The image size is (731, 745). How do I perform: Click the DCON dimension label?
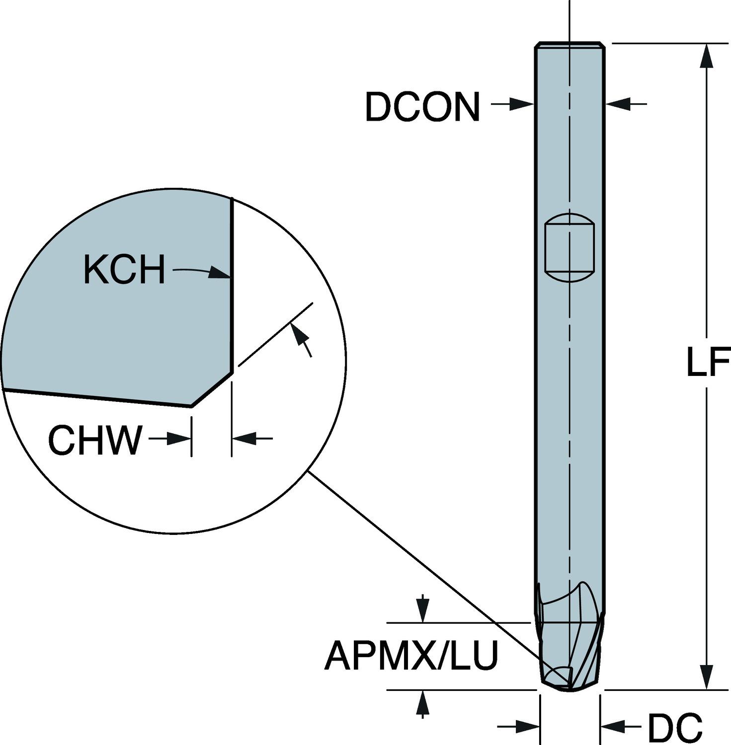(422, 107)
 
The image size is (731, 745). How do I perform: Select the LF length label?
(708, 363)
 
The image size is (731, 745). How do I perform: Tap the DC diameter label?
(674, 728)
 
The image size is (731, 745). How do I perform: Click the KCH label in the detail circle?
(124, 270)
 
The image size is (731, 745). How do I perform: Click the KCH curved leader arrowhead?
(220, 273)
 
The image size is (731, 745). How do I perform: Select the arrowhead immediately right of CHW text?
(180, 438)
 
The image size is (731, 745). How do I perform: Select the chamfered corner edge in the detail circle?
(212, 389)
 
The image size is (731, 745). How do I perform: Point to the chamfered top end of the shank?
(569, 45)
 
